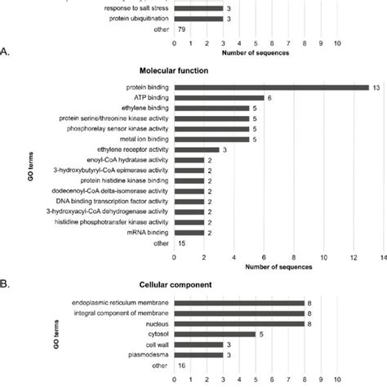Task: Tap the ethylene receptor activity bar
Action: pyautogui.click(x=197, y=149)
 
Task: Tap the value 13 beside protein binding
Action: pyautogui.click(x=376, y=87)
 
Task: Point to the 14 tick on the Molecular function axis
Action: pyautogui.click(x=381, y=256)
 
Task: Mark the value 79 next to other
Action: pyautogui.click(x=184, y=29)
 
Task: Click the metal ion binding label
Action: pyautogui.click(x=139, y=139)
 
